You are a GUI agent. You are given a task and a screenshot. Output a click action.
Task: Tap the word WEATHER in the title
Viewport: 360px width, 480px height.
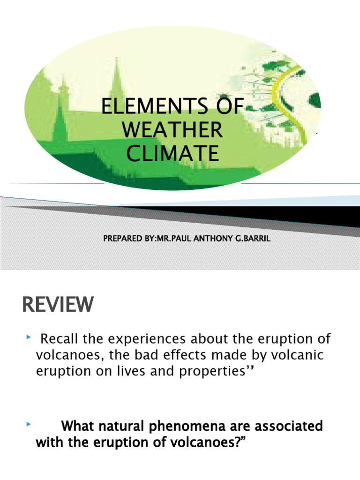click(x=172, y=130)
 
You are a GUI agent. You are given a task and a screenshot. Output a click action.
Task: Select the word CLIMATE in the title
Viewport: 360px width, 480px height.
click(x=172, y=153)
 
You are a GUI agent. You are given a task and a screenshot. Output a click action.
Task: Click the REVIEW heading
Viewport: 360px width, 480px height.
click(x=58, y=306)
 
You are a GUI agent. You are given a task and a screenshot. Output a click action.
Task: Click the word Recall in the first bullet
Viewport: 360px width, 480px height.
click(x=61, y=338)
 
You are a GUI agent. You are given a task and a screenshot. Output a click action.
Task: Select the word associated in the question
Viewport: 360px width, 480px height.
click(x=286, y=427)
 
